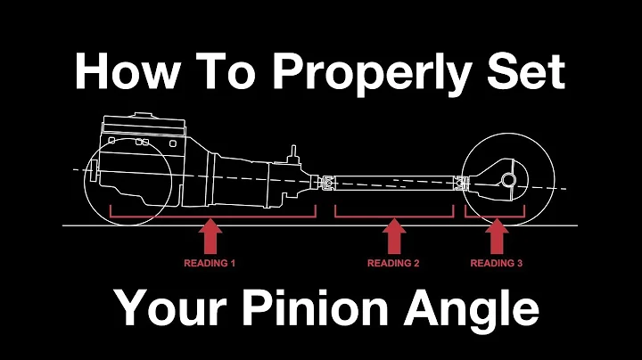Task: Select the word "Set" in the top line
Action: [525, 70]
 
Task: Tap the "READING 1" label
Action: [210, 264]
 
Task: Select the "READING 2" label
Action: [393, 264]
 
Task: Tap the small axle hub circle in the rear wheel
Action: [508, 180]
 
